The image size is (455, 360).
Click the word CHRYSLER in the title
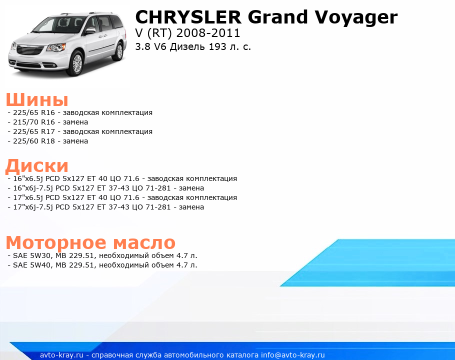point(188,17)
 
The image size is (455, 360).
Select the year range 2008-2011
point(208,33)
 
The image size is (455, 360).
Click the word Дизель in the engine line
point(187,46)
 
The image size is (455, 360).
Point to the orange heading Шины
point(37,99)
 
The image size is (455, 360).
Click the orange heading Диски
point(37,165)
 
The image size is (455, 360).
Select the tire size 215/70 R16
point(34,122)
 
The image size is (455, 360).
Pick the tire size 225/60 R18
point(34,141)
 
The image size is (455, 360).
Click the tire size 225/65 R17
point(34,131)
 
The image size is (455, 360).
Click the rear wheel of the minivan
point(119,51)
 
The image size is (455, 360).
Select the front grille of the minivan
point(30,50)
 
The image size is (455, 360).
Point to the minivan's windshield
point(59,25)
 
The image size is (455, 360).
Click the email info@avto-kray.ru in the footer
point(293,355)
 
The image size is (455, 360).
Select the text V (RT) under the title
point(154,33)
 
